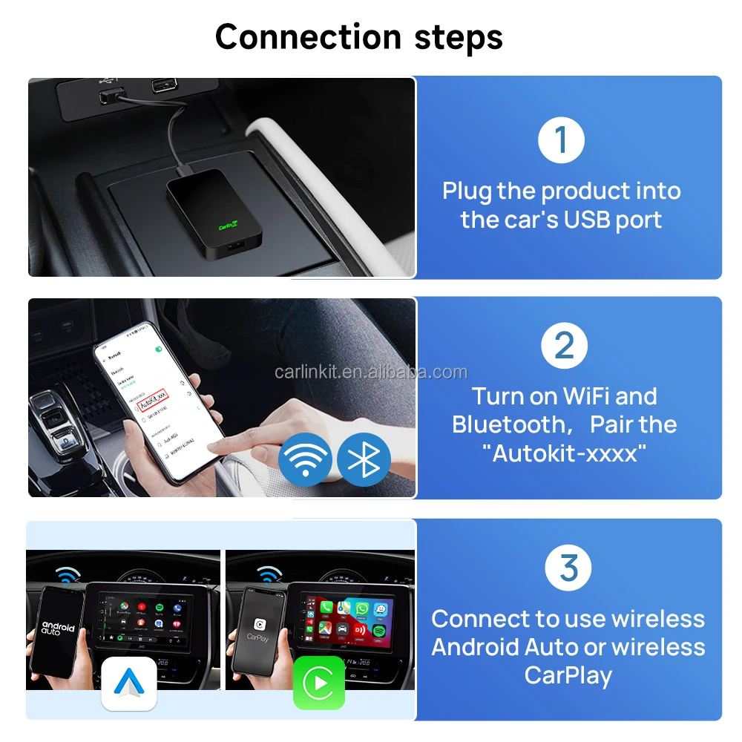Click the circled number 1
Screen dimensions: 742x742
click(561, 139)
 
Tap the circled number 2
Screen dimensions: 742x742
click(564, 346)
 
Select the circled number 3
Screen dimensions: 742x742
click(568, 568)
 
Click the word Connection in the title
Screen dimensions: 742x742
click(307, 37)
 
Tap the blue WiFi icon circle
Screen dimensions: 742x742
click(305, 459)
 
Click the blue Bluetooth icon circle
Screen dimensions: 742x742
click(364, 459)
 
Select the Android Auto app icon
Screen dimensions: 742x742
click(129, 683)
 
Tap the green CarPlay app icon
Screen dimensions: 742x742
click(319, 683)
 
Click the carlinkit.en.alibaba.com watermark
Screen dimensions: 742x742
click(371, 372)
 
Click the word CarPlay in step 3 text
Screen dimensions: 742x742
click(568, 675)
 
